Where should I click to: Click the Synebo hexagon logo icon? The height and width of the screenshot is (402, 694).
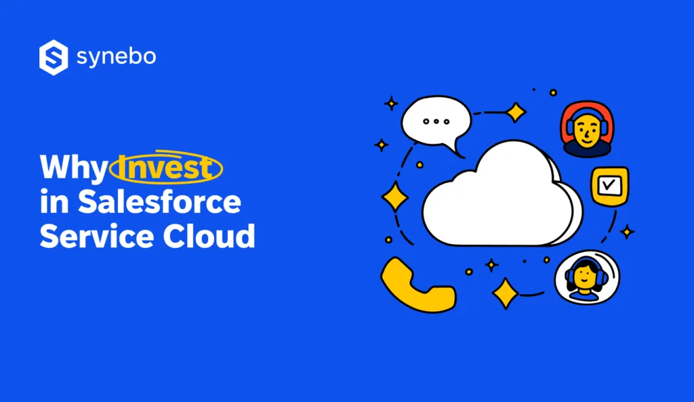coord(54,57)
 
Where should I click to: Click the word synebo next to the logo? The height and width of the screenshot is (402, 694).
coord(116,58)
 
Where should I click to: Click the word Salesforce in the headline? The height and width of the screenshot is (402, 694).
coord(159,202)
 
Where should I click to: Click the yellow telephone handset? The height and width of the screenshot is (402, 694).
coord(415,285)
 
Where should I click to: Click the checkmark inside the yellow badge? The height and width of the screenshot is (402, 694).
coord(609,184)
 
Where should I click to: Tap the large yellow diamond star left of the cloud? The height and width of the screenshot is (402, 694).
coord(395,197)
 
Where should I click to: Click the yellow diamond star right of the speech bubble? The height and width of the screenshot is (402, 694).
coord(516,112)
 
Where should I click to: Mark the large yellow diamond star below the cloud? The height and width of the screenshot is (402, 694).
coord(505,293)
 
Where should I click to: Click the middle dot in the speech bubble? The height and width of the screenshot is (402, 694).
coord(436,121)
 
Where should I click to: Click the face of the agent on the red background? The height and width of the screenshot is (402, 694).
coord(587,130)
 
